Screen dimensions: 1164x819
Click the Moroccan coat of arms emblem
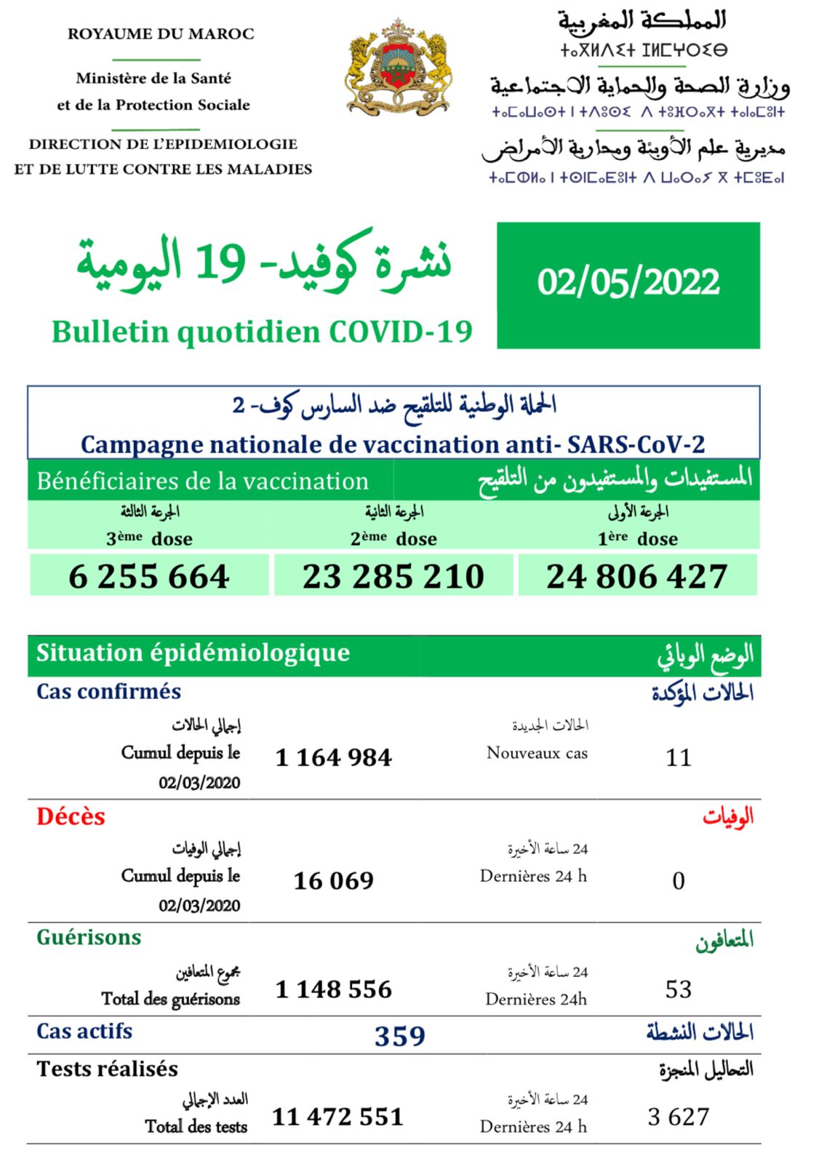coord(398,67)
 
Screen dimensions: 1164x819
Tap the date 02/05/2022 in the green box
coord(628,283)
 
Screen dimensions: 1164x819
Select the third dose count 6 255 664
coord(149,576)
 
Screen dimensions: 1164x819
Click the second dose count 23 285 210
coord(393,576)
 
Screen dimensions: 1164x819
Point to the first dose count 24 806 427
coord(637,576)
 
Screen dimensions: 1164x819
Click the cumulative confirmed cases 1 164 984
coord(334,757)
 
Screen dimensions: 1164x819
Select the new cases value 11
coord(679,757)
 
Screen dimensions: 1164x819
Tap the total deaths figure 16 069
coord(334,881)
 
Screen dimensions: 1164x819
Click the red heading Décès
coord(71,816)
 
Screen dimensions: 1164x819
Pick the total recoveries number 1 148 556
coord(334,989)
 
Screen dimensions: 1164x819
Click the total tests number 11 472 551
coord(337,1117)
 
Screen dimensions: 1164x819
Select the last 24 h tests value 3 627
coord(679,1117)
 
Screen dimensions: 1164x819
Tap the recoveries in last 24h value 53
coord(679,989)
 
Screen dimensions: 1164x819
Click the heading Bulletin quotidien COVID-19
coord(262,332)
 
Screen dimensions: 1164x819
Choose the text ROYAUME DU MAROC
coord(161,33)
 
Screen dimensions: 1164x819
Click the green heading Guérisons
coord(89,937)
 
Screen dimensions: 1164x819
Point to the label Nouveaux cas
coord(537,753)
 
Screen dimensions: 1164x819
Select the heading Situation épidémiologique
coord(193,653)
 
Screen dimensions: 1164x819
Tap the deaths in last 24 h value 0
coord(679,881)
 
